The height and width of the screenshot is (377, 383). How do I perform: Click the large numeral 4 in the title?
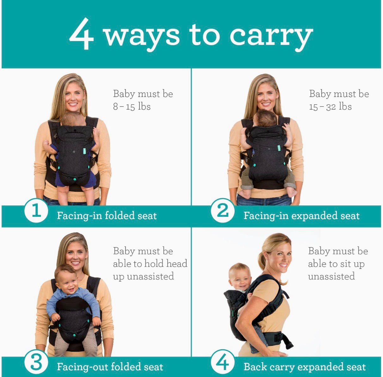tap(81, 33)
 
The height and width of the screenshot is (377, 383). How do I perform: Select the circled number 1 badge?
tap(36, 211)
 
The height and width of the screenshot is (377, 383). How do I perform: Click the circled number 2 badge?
tap(222, 211)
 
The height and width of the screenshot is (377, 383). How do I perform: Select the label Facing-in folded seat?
tap(107, 216)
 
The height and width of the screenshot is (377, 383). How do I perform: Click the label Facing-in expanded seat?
tap(301, 216)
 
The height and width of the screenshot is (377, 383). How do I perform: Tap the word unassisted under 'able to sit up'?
tap(331, 276)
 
